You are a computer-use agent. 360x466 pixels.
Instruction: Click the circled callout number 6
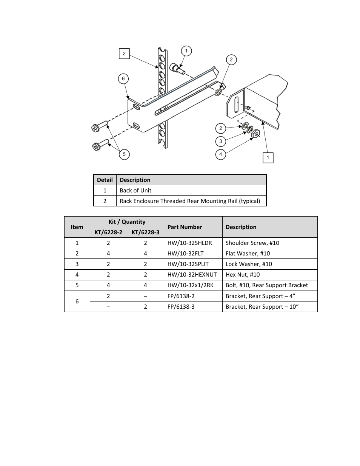click(123, 79)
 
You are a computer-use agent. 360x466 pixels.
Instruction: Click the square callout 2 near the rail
click(124, 54)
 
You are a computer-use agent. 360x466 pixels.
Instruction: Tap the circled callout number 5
click(124, 154)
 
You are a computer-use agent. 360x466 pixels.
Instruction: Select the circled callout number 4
click(221, 154)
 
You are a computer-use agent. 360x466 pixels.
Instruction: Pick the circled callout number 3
click(221, 141)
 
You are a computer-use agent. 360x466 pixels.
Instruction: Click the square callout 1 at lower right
click(268, 158)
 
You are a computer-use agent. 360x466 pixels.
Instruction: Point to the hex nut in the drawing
click(255, 133)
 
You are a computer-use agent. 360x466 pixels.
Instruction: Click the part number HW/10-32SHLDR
click(190, 243)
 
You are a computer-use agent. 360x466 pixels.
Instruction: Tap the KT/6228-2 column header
click(108, 232)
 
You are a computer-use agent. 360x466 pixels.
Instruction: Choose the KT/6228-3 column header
click(145, 232)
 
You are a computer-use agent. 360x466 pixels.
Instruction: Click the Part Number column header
click(185, 227)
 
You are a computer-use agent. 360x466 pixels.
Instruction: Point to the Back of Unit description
click(135, 191)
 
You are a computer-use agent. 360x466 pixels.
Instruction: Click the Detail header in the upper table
click(105, 180)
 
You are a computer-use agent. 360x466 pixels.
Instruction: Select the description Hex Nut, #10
click(243, 275)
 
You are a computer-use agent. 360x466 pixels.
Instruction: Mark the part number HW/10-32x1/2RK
click(191, 285)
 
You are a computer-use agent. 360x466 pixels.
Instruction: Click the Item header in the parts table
click(77, 227)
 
